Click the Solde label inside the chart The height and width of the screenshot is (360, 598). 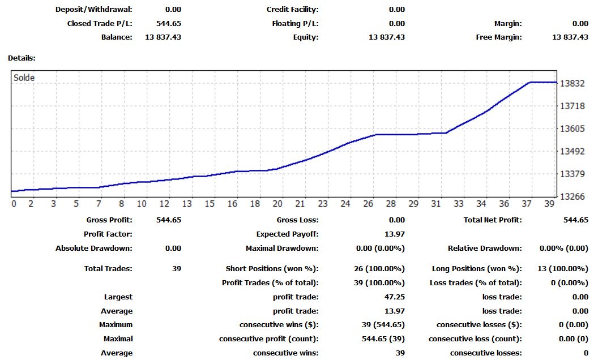pyautogui.click(x=24, y=78)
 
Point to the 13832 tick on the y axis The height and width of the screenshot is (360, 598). pyautogui.click(x=572, y=84)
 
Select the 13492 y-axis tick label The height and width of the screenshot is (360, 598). pyautogui.click(x=572, y=151)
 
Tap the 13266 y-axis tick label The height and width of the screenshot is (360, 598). pyautogui.click(x=572, y=197)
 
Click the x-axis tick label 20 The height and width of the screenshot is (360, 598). pyautogui.click(x=277, y=204)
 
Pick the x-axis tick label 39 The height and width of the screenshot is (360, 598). pyautogui.click(x=549, y=204)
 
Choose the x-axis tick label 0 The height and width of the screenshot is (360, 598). pyautogui.click(x=14, y=204)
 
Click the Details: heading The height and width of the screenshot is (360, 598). pyautogui.click(x=22, y=58)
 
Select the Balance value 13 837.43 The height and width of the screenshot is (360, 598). pyautogui.click(x=163, y=37)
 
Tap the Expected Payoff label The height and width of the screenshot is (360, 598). pyautogui.click(x=287, y=234)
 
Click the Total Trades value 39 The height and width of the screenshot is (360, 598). pyautogui.click(x=177, y=268)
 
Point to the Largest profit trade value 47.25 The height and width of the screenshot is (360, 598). pyautogui.click(x=395, y=297)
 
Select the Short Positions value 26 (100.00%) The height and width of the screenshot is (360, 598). pyautogui.click(x=379, y=268)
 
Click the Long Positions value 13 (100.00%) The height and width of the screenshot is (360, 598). pyautogui.click(x=562, y=268)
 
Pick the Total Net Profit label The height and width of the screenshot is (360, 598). pyautogui.click(x=493, y=220)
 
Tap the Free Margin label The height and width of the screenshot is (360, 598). pyautogui.click(x=499, y=37)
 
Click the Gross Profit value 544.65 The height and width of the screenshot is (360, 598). pyautogui.click(x=169, y=220)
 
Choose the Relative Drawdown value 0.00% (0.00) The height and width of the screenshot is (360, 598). pyautogui.click(x=563, y=248)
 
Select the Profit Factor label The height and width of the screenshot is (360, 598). pyautogui.click(x=108, y=234)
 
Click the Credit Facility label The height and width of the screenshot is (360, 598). pyautogui.click(x=293, y=10)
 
